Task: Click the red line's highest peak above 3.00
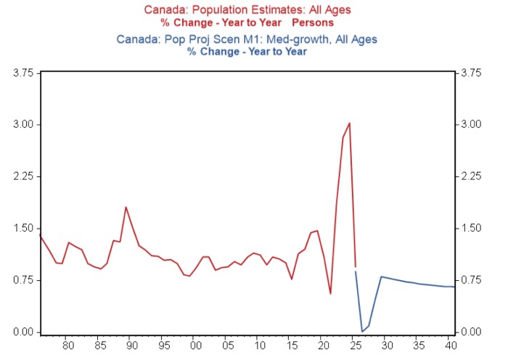pos(349,123)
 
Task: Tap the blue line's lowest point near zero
pos(362,332)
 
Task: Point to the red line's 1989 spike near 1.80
pos(126,207)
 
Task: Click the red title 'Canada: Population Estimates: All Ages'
pos(247,9)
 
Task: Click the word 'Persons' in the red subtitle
pos(313,22)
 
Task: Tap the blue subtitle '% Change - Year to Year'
pos(247,52)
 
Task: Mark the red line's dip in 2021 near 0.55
pos(330,294)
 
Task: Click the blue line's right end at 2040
pos(454,287)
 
